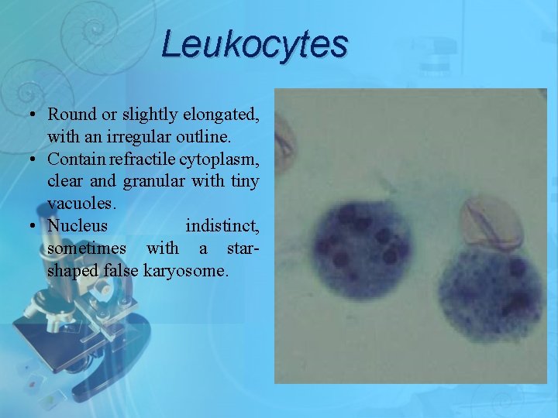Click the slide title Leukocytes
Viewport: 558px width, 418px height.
[x=255, y=44]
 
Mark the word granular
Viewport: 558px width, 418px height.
[x=145, y=182]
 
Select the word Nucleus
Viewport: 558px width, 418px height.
[x=77, y=227]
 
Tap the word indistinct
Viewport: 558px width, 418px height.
[x=222, y=227]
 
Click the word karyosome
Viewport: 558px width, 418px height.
[x=188, y=272]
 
